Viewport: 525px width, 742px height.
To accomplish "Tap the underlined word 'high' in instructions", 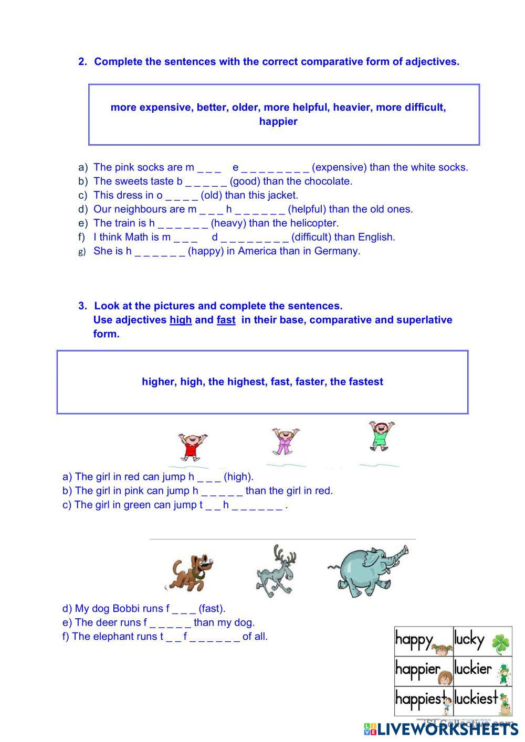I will tap(180, 320).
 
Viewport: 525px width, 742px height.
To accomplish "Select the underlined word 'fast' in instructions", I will tap(226, 320).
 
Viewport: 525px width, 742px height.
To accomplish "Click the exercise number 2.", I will tap(82, 62).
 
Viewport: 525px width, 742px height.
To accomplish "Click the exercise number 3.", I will tap(82, 306).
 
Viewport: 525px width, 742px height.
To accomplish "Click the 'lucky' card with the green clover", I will tap(482, 640).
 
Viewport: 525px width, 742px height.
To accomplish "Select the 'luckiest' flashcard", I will tap(482, 700).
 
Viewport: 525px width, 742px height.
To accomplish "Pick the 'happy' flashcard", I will tap(423, 640).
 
